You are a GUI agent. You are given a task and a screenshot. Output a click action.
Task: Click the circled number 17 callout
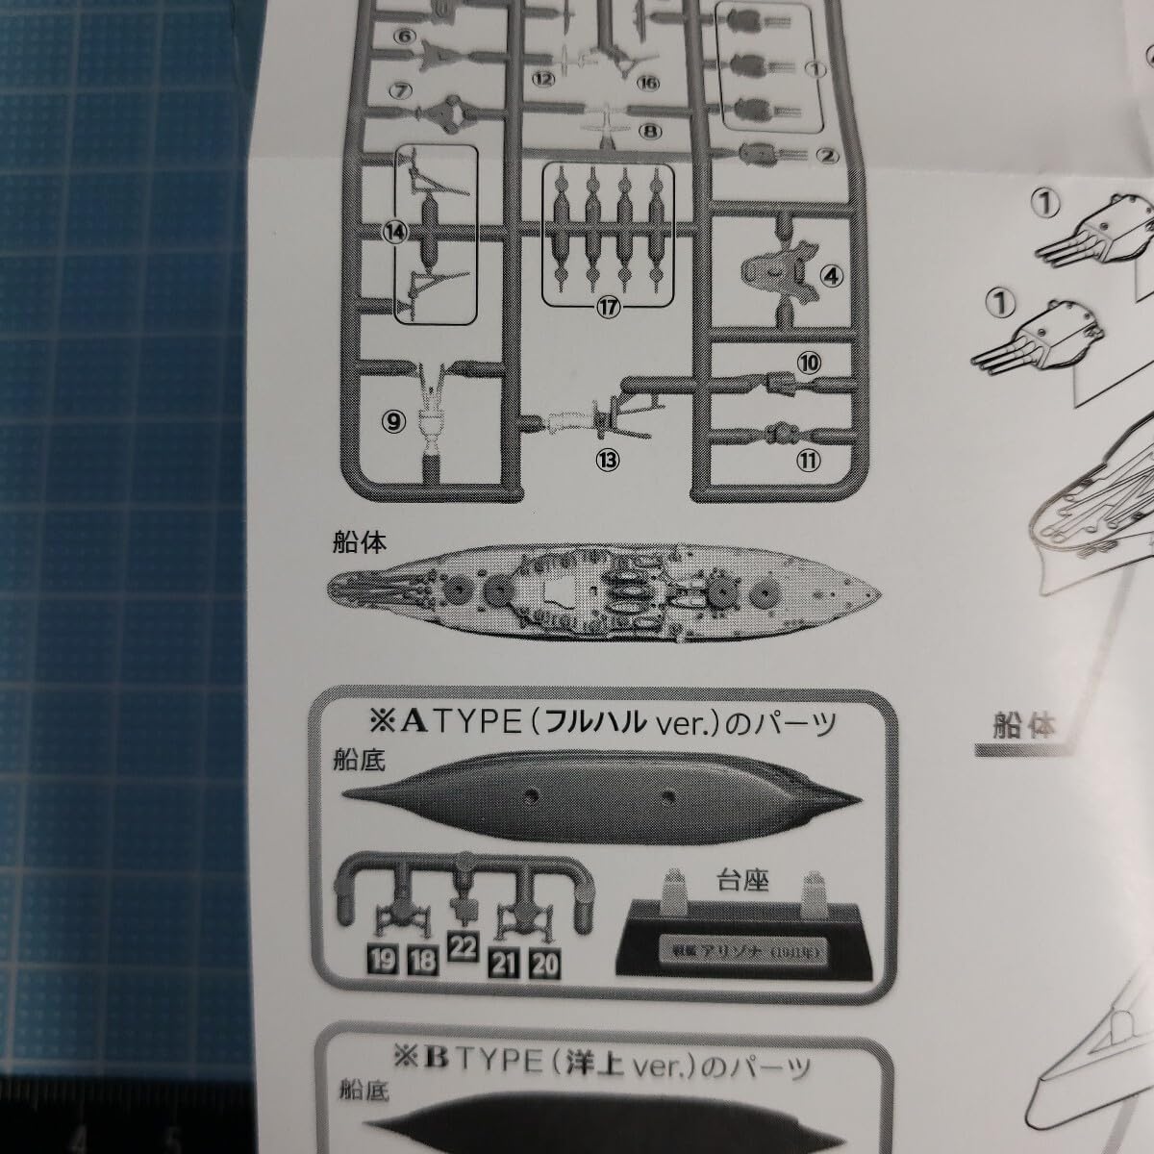pos(606,308)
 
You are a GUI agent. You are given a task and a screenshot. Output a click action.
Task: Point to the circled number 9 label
pos(395,418)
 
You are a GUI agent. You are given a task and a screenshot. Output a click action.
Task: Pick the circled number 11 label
pos(810,460)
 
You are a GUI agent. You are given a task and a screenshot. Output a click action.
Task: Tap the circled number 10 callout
pos(808,363)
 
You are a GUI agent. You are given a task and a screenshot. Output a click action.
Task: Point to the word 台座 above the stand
pos(743,879)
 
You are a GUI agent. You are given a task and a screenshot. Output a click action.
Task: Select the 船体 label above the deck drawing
pos(357,543)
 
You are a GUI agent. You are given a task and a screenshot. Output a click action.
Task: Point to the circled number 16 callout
pos(647,83)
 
